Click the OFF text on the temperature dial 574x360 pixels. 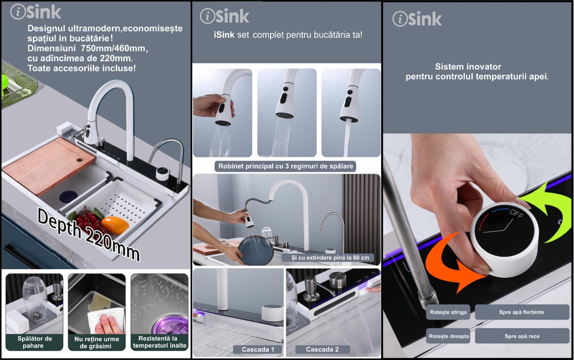pos(517,214)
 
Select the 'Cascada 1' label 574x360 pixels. pos(258,349)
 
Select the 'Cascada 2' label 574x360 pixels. pos(322,349)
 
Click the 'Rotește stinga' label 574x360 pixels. pos(448,312)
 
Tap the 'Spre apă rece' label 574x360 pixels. pos(522,336)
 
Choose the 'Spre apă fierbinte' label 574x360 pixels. pos(522,312)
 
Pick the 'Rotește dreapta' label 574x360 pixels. pos(448,336)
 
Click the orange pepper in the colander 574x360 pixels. pos(115,225)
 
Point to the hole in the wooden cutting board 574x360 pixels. pos(80,160)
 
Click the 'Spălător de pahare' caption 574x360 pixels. pos(34,342)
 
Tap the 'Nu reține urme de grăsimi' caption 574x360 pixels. pos(96,342)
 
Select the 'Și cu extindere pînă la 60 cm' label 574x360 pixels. pos(330,258)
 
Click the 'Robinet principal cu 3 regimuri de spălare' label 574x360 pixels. pos(286,166)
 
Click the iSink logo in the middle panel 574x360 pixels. pos(224,16)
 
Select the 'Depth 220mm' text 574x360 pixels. pos(88,234)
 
